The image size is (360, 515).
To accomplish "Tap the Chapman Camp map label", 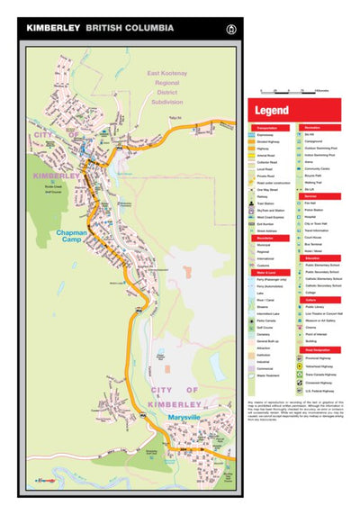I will click(x=72, y=237).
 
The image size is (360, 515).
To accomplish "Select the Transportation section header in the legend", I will click(x=269, y=128).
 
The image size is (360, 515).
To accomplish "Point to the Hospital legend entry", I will click(x=315, y=217).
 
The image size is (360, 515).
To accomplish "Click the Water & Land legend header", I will click(x=267, y=273).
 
